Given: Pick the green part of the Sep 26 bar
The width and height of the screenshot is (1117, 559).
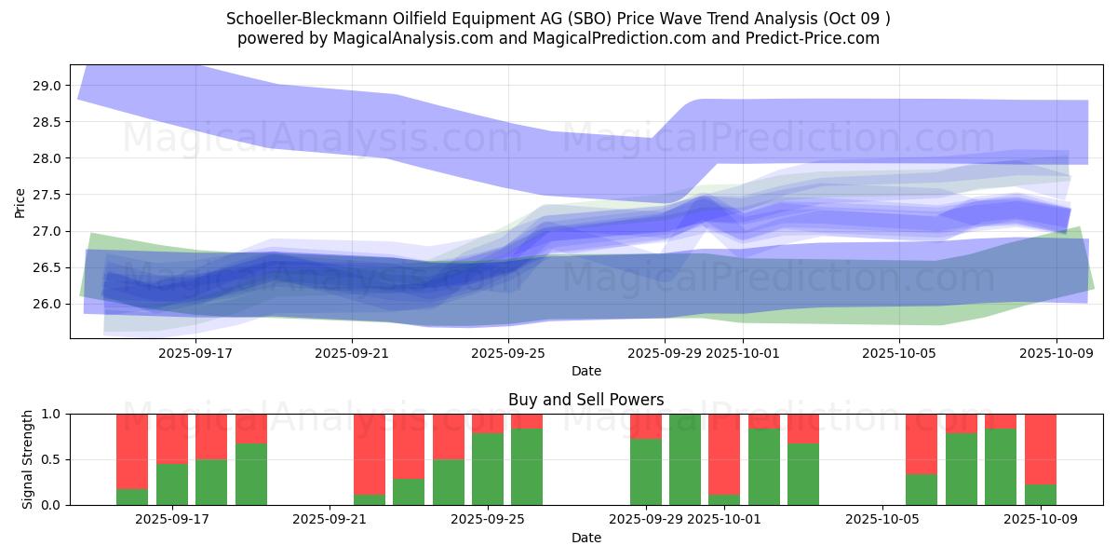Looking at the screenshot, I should pos(527,466).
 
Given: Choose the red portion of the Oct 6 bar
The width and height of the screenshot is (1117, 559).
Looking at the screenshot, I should pos(922,443).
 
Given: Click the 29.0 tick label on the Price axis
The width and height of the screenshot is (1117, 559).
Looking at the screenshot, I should pos(47,86).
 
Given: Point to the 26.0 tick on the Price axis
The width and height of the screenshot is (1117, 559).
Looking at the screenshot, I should pos(47,304).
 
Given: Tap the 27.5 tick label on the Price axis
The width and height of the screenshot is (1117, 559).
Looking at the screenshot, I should pos(47,195).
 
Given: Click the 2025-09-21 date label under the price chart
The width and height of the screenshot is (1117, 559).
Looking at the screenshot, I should pos(352,353).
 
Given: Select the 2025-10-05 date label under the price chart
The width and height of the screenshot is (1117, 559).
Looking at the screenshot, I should pos(899,353).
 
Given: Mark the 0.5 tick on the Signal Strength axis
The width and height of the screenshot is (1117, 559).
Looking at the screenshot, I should pos(51,459).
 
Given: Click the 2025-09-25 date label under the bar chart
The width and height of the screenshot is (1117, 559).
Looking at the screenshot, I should pos(488,519).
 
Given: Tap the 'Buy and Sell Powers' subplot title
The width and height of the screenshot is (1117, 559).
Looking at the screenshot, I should pos(585,400).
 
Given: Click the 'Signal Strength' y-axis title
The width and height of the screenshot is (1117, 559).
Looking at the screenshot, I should pos(28,459).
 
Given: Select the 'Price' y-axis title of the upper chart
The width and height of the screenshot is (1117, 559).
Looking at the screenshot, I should pos(20,201).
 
